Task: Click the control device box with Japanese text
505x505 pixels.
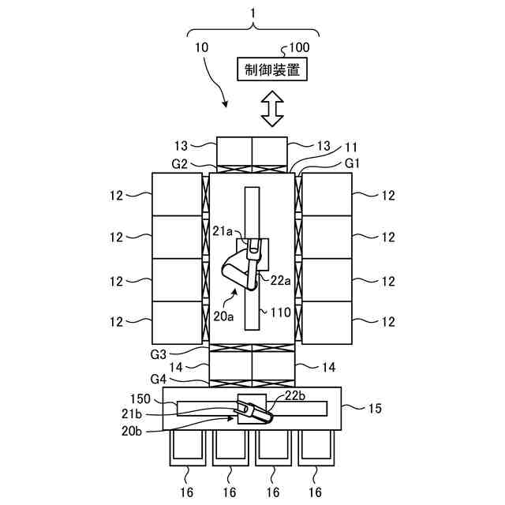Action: click(x=272, y=69)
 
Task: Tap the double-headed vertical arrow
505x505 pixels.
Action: click(x=272, y=109)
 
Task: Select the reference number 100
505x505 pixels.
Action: click(x=299, y=47)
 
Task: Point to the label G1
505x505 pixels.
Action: click(x=352, y=163)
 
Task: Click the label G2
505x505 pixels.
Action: click(x=179, y=164)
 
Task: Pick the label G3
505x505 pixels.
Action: click(x=158, y=354)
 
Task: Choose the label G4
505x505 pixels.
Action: click(x=158, y=379)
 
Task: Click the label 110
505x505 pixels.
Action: click(x=281, y=312)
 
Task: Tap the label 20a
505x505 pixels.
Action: click(x=223, y=316)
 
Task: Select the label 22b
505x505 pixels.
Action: click(x=294, y=395)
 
